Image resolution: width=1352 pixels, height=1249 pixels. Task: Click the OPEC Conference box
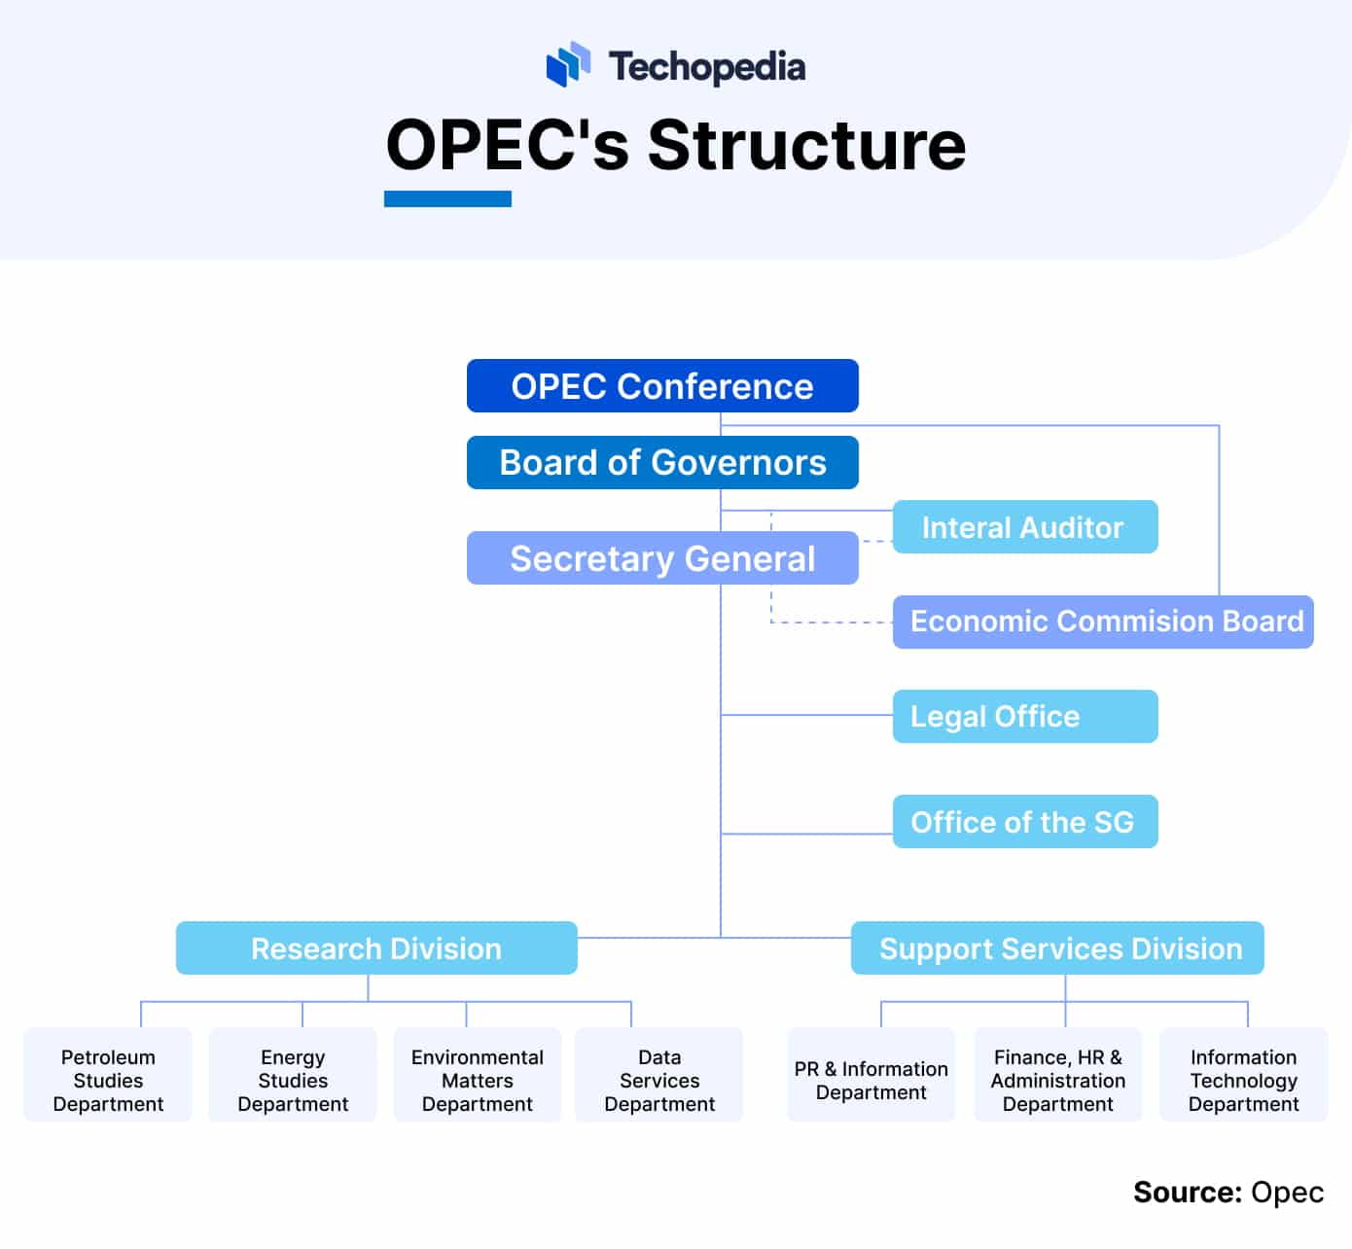tap(662, 386)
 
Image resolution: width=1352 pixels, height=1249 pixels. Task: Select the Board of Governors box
tap(662, 462)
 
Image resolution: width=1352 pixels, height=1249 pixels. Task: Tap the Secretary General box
tap(662, 558)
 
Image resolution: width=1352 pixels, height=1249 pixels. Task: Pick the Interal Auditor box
tap(1025, 527)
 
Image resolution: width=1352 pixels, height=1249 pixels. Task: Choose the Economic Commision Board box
tap(1103, 622)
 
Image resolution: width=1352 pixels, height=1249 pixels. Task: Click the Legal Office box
tap(1025, 717)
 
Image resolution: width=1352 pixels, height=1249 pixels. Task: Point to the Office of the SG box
tap(1025, 822)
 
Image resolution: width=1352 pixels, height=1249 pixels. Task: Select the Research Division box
tap(376, 948)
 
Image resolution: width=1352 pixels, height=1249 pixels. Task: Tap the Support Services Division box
tap(1057, 948)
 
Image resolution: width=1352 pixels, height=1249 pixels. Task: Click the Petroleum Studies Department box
tap(108, 1075)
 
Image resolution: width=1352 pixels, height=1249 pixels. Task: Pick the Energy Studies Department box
tap(293, 1075)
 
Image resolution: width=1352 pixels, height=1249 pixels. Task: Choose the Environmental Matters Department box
tap(478, 1075)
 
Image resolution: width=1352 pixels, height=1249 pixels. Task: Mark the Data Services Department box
tap(659, 1075)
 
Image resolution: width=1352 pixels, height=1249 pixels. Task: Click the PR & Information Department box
tap(872, 1075)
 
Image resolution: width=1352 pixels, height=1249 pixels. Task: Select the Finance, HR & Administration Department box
tap(1058, 1075)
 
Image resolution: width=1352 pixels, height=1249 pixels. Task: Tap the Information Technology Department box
tap(1244, 1075)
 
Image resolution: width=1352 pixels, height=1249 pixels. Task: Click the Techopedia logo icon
tap(568, 64)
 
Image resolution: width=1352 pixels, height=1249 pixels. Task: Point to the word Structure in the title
tap(806, 145)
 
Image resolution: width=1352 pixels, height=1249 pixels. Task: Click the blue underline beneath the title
tap(447, 199)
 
